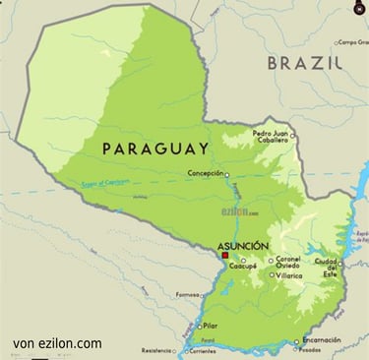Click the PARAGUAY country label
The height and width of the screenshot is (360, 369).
pos(155,149)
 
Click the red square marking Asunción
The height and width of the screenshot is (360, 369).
pos(225,254)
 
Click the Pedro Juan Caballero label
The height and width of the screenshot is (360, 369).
pos(272,137)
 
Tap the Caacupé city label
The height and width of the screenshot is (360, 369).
pos(243,267)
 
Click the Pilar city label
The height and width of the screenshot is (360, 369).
pos(210,326)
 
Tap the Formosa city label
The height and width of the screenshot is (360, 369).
pos(186,294)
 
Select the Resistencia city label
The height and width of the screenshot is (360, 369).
pos(155,350)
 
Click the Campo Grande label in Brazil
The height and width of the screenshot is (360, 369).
pos(352,42)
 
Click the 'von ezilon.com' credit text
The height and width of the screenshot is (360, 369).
pos(58,344)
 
